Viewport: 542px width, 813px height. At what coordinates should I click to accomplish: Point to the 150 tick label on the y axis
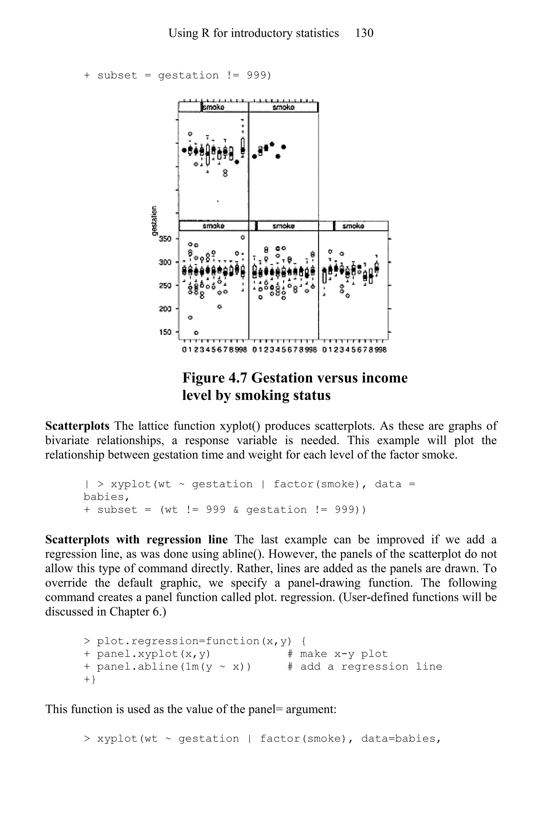tap(165, 332)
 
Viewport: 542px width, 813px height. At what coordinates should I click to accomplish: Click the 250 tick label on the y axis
tap(165, 286)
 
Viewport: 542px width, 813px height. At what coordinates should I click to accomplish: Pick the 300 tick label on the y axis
tap(165, 262)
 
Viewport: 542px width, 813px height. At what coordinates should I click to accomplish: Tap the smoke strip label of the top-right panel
tap(283, 107)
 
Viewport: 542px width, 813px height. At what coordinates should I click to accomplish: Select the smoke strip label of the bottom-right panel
tap(353, 226)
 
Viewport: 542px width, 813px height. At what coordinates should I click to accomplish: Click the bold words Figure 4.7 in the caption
tap(214, 378)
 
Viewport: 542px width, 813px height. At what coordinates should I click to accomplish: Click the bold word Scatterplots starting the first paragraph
tap(77, 426)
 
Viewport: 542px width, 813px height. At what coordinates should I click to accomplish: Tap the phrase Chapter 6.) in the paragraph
tap(138, 612)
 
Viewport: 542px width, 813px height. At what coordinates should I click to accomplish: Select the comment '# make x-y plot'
tap(337, 654)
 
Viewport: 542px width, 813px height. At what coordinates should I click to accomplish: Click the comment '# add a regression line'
tap(365, 667)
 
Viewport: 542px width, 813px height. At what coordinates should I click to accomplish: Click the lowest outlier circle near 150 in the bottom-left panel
tap(196, 333)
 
